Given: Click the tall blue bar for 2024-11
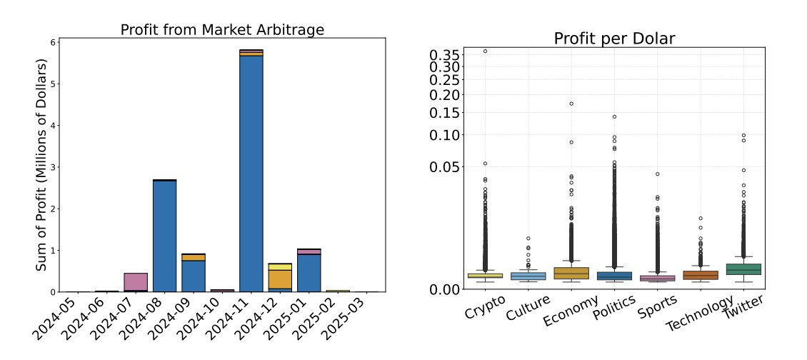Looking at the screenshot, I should pyautogui.click(x=251, y=171).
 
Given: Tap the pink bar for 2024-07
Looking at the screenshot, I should pyautogui.click(x=136, y=281).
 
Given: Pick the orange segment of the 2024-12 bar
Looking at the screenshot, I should pyautogui.click(x=279, y=279).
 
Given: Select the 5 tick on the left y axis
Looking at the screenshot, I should pyautogui.click(x=52, y=84).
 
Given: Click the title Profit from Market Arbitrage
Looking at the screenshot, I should pyautogui.click(x=222, y=30).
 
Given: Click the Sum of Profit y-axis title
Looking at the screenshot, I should pyautogui.click(x=41, y=164).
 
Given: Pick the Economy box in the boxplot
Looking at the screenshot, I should pyautogui.click(x=571, y=273).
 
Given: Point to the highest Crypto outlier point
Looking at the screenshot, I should pyautogui.click(x=485, y=51).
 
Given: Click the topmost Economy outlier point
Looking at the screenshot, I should pyautogui.click(x=571, y=104).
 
